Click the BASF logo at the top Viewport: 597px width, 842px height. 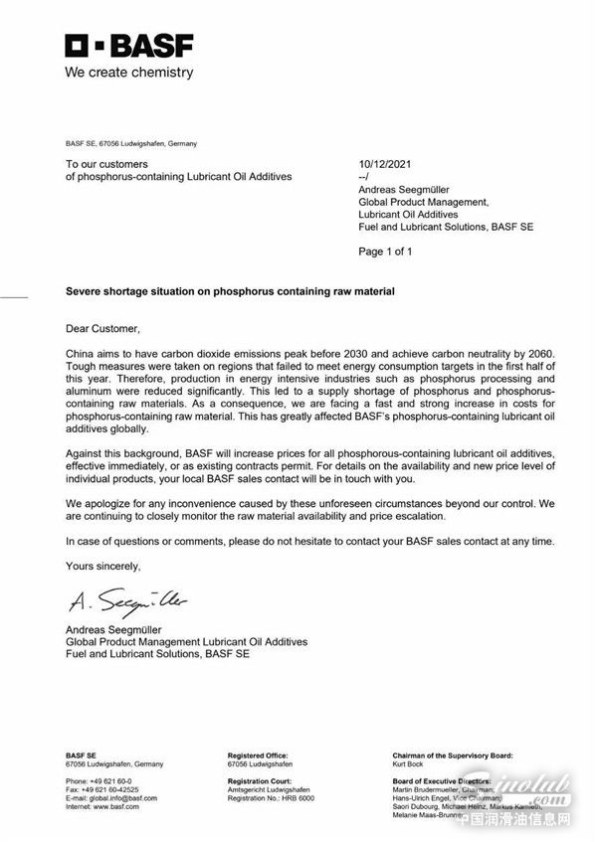coord(129,46)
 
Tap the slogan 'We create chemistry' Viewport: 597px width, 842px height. coord(129,73)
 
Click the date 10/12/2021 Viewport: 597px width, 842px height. coord(384,164)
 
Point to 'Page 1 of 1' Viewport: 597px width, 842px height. coord(385,252)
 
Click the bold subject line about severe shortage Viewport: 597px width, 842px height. coord(230,291)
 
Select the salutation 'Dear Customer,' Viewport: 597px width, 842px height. coord(103,328)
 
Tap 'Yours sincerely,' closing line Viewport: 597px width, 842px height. coord(103,566)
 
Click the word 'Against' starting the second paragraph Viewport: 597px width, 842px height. coord(87,453)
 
